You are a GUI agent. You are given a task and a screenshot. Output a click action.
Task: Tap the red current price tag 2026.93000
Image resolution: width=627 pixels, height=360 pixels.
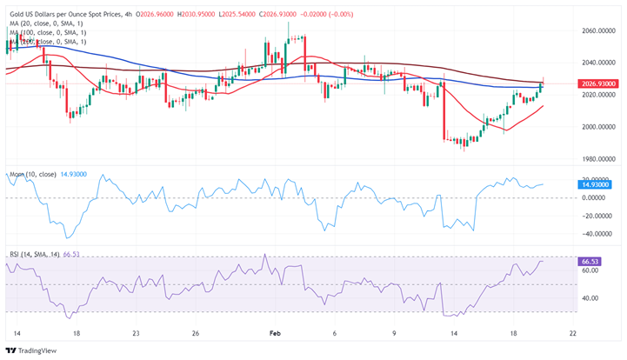click(598, 83)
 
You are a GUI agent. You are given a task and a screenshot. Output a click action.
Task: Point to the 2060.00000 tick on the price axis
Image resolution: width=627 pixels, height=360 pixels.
click(598, 30)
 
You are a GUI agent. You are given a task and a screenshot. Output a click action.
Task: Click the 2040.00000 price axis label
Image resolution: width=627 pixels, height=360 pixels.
click(598, 63)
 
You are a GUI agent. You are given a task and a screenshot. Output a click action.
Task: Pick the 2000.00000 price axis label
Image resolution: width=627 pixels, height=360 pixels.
click(598, 127)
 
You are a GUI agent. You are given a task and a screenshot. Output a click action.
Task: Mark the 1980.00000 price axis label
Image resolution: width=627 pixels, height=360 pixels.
click(598, 159)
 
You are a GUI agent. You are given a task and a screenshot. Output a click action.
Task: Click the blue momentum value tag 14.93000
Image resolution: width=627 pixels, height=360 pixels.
click(597, 184)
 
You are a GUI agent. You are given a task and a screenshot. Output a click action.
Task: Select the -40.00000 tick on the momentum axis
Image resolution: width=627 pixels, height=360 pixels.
click(598, 234)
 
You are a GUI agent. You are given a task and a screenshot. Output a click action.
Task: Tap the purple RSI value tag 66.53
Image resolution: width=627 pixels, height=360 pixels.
click(591, 261)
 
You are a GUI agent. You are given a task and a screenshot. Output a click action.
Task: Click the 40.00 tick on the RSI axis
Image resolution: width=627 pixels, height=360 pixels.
click(591, 298)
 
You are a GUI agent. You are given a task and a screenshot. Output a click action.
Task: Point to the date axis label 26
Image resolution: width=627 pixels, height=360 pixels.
click(197, 333)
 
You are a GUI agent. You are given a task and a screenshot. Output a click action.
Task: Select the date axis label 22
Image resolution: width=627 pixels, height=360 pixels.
click(570, 333)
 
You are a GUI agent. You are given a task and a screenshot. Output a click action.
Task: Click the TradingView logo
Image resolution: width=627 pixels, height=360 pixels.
click(33, 350)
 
